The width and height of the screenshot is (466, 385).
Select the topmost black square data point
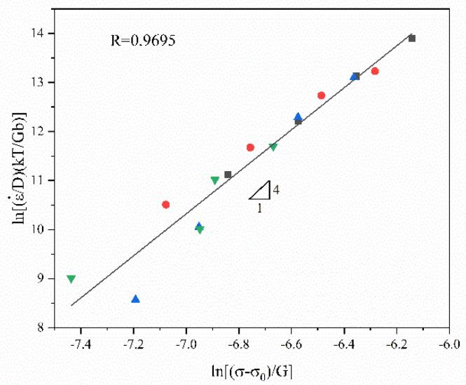coord(412,39)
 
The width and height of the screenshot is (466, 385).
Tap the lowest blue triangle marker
coord(135,299)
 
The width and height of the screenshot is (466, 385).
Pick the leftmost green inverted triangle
coord(71,279)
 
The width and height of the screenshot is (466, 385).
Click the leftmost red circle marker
coord(166,205)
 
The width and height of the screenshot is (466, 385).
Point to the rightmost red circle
coord(375,71)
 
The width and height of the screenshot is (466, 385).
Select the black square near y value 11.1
coord(228,175)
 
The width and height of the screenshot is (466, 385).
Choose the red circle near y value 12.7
coord(321,95)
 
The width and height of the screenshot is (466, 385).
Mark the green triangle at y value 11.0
coord(214,180)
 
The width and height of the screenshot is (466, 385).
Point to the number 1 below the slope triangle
coord(259,208)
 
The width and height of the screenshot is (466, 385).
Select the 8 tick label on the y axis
coord(42,327)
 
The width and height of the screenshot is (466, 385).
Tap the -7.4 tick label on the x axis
coord(82,344)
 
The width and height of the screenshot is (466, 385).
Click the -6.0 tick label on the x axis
coord(449,344)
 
